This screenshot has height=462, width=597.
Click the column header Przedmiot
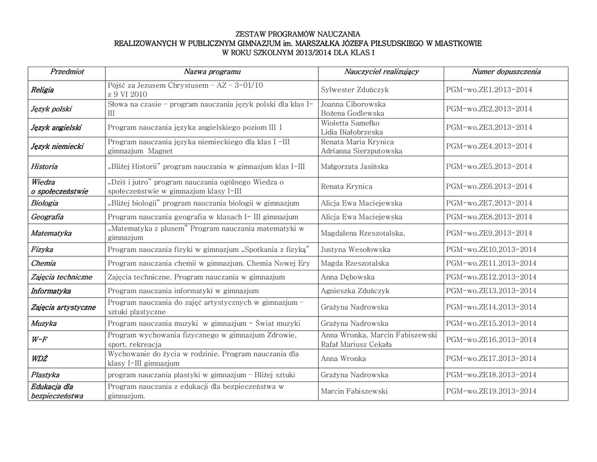pyautogui.click(x=67, y=72)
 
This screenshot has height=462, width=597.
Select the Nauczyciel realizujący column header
pyautogui.click(x=381, y=72)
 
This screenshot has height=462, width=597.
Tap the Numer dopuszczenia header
pyautogui.click(x=506, y=72)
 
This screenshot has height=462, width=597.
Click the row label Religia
pyautogui.click(x=43, y=90)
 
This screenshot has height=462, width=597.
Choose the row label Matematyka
pyautogui.click(x=52, y=233)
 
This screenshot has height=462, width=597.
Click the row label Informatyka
pyautogui.click(x=51, y=291)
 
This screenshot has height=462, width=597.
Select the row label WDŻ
pyautogui.click(x=40, y=359)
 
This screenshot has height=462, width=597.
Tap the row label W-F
pyautogui.click(x=39, y=340)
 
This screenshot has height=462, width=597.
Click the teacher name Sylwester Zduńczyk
pyautogui.click(x=354, y=90)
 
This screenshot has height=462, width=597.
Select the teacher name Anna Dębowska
pyautogui.click(x=347, y=277)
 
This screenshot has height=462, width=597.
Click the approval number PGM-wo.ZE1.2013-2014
pyautogui.click(x=489, y=90)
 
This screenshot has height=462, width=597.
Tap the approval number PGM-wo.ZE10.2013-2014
pyautogui.click(x=491, y=249)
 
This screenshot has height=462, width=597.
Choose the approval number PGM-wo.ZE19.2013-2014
pyautogui.click(x=491, y=391)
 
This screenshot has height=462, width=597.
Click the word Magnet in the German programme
pyautogui.click(x=160, y=151)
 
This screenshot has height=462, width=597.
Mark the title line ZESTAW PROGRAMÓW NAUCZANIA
pyautogui.click(x=298, y=34)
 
